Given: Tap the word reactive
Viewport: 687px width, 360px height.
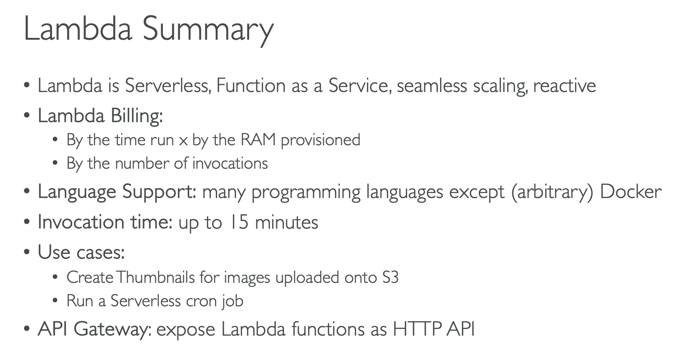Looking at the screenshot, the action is click(x=564, y=86).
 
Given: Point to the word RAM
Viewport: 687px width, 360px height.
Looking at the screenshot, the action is click(x=258, y=140).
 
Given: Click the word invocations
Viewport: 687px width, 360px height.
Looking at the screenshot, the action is click(x=230, y=163).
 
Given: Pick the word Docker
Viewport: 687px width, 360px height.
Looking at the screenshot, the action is click(x=631, y=192).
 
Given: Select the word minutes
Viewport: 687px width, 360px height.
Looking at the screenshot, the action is click(x=287, y=222).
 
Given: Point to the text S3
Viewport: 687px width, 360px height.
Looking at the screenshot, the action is click(x=390, y=277).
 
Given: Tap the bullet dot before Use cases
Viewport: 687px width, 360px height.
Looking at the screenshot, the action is click(x=27, y=252).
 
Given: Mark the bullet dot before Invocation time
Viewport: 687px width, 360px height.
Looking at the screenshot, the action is click(x=27, y=222).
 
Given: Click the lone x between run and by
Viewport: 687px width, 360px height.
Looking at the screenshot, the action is click(x=183, y=141).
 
